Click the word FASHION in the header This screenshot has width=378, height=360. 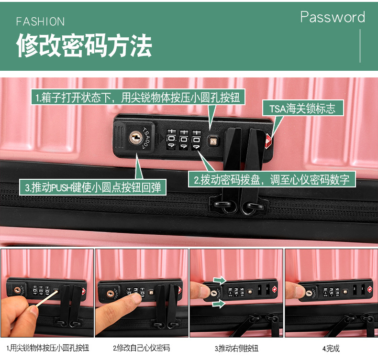tap(41, 22)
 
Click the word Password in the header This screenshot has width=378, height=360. tap(333, 18)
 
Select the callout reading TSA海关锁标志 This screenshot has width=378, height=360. tap(301, 108)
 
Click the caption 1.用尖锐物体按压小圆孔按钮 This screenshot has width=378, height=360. tap(47, 348)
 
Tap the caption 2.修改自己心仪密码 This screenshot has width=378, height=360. tap(141, 348)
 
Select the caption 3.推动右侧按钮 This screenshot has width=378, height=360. tap(236, 348)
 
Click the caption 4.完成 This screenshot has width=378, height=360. tap(331, 348)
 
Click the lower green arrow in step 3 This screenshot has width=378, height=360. tap(220, 304)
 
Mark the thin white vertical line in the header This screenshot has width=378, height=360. tap(360, 45)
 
